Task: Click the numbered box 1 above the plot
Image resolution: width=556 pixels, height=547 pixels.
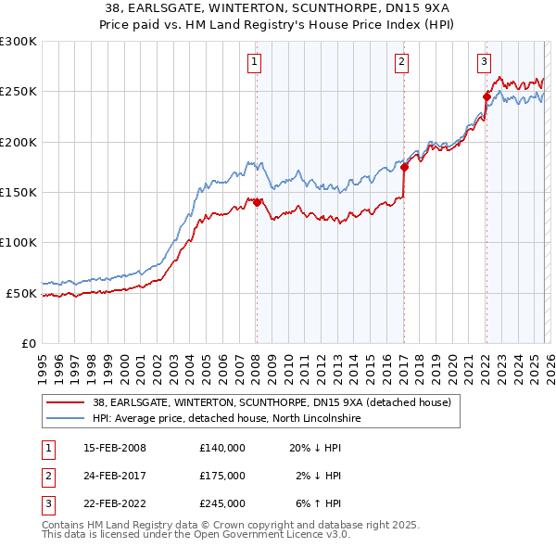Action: [255, 62]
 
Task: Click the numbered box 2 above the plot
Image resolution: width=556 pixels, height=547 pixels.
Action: [402, 62]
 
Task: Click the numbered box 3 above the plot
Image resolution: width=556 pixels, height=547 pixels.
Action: [484, 62]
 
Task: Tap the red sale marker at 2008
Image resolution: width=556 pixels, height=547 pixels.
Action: [257, 202]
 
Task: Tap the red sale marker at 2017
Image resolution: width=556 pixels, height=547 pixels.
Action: [404, 167]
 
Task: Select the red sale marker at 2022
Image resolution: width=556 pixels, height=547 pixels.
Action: [486, 96]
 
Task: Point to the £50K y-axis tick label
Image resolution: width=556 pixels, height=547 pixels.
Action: [21, 293]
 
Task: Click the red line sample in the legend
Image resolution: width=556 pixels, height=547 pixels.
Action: [65, 402]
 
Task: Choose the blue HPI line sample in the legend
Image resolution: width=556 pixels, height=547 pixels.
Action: [65, 418]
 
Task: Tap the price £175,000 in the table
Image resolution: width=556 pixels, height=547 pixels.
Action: [221, 476]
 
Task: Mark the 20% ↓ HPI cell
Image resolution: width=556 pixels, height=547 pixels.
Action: [315, 448]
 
